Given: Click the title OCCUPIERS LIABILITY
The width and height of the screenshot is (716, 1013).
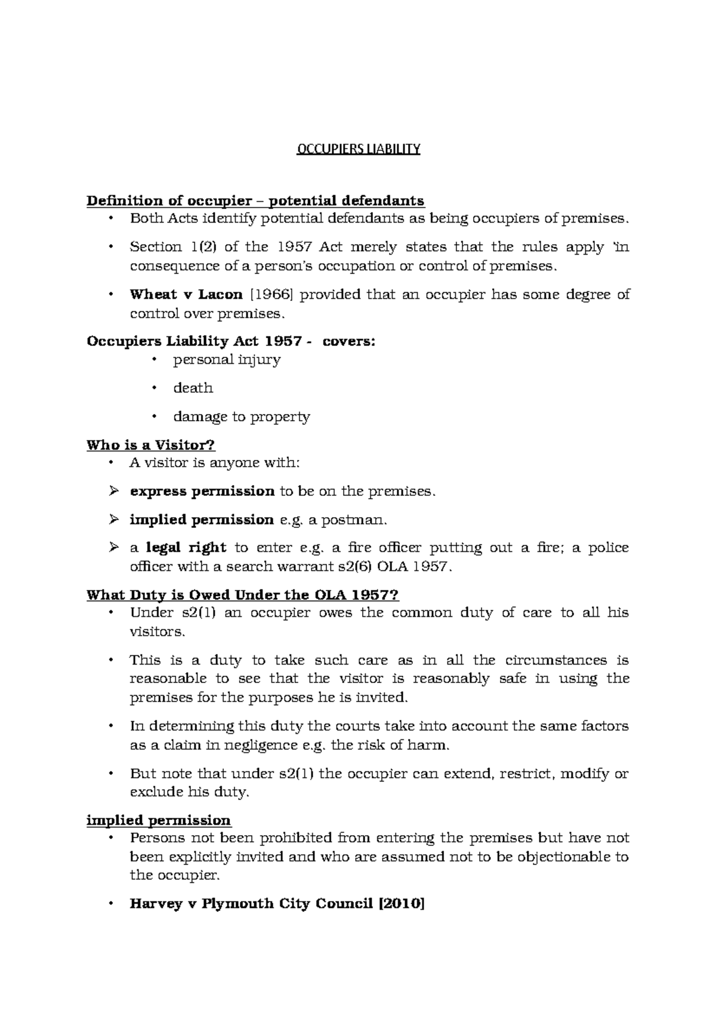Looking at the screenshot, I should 359,149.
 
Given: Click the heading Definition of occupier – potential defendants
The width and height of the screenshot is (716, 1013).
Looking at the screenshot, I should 255,200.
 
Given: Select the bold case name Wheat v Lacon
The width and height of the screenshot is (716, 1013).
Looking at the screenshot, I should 186,294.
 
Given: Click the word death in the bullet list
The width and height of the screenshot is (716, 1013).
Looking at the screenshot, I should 193,388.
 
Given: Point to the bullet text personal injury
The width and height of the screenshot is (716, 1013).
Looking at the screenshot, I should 227,360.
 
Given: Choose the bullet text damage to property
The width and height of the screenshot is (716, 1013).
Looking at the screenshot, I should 241,417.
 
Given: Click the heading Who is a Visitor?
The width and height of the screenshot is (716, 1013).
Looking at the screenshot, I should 150,445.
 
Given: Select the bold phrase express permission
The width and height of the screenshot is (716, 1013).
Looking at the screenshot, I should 202,492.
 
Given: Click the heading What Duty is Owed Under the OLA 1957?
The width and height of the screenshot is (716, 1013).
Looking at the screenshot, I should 242,595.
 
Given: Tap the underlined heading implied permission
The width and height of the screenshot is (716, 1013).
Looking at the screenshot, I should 159,820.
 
